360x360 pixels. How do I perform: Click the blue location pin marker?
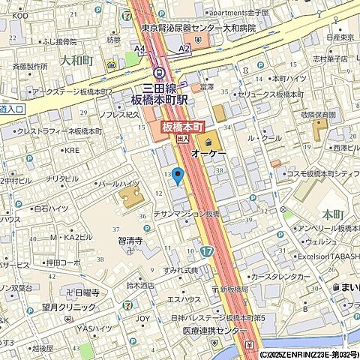click(178, 176)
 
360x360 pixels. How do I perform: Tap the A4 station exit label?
click(139, 48)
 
